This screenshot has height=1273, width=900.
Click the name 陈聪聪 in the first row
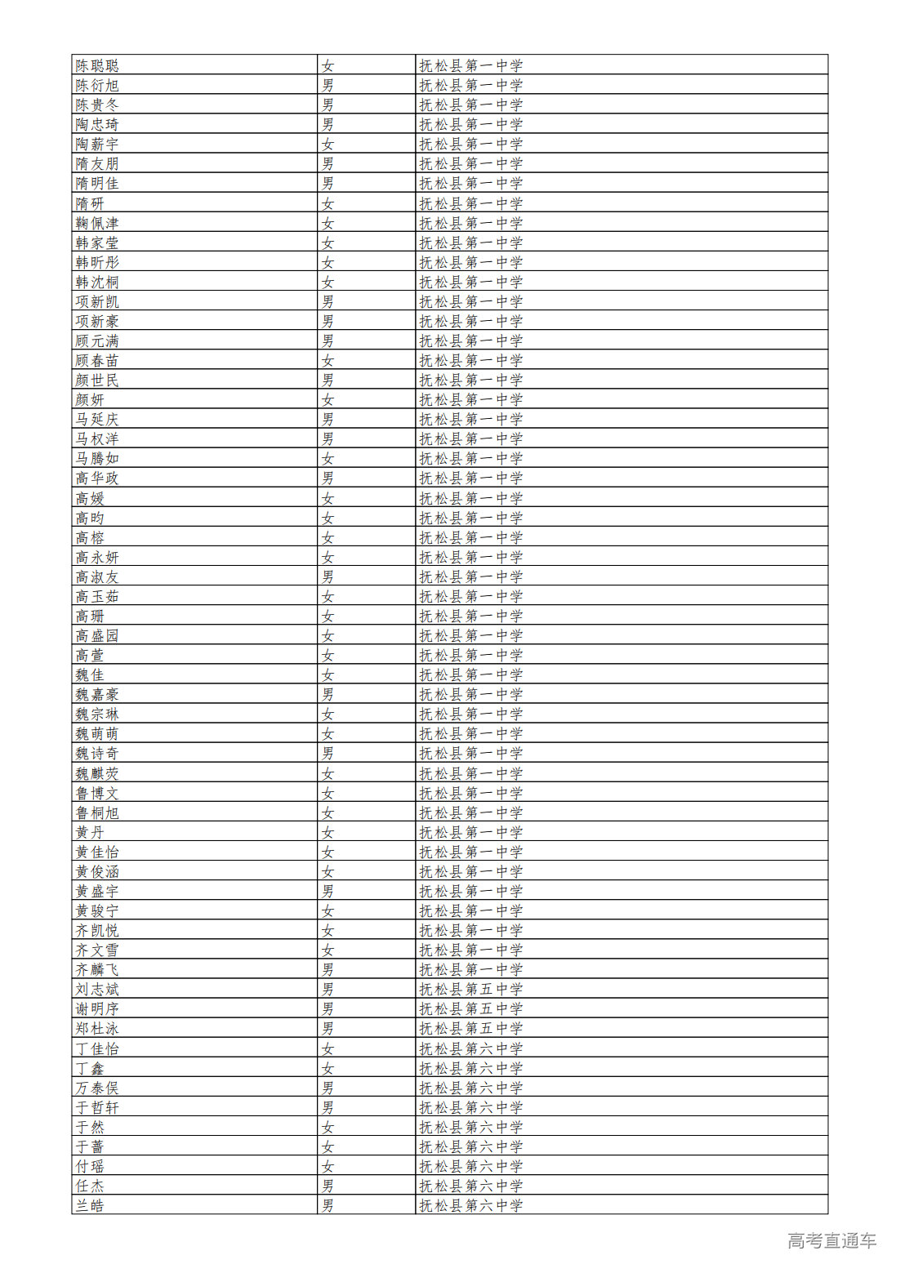[97, 65]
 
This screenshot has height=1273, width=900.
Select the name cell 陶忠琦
[97, 124]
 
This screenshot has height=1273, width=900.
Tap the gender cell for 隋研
[327, 203]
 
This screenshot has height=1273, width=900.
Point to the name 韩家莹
[97, 243]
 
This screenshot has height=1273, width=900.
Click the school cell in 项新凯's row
[471, 301]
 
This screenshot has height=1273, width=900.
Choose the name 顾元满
[97, 341]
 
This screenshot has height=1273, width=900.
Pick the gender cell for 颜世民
[327, 380]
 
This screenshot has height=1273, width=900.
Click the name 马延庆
[97, 419]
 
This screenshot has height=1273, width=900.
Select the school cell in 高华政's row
[471, 478]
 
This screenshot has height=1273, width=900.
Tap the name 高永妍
[97, 557]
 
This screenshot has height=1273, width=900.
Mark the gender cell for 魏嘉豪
[327, 694]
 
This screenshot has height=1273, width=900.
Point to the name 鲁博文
[97, 793]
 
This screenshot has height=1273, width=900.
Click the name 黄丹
[90, 832]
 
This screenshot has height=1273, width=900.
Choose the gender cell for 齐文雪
[327, 950]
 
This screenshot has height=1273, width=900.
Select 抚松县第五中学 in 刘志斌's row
[471, 989]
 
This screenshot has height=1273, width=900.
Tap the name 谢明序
[97, 1008]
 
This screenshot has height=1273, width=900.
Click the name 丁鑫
[90, 1068]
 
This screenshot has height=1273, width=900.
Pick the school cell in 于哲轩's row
[471, 1107]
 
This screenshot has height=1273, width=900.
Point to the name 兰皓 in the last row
[90, 1205]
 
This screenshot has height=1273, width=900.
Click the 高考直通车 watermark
[831, 1241]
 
